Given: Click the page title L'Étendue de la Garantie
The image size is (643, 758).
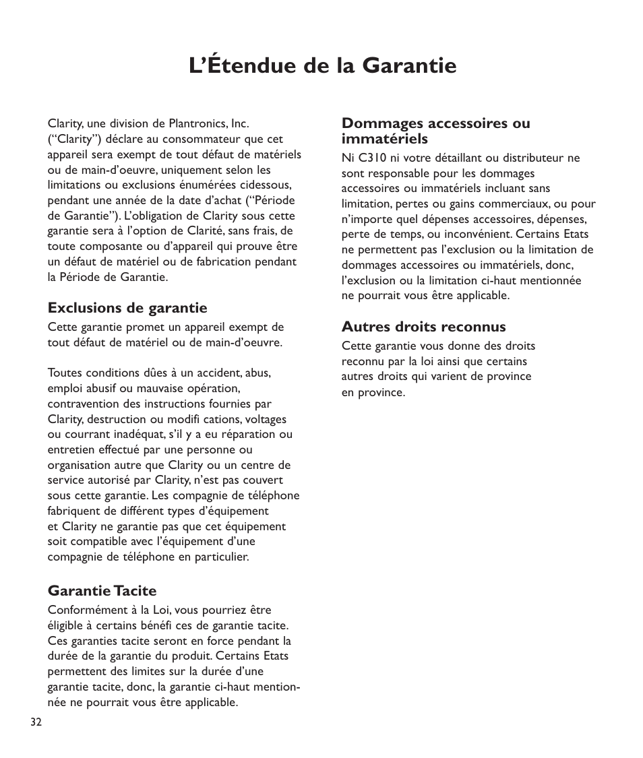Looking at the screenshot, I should click(x=322, y=66).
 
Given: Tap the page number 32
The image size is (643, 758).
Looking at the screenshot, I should click(x=36, y=722).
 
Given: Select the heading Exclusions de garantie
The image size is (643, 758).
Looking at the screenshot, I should click(x=127, y=308).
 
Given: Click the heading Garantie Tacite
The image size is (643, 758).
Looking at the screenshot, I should click(x=102, y=591).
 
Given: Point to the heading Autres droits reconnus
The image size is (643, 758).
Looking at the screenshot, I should click(x=423, y=327).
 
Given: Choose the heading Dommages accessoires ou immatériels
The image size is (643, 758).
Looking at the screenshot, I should click(x=435, y=131).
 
